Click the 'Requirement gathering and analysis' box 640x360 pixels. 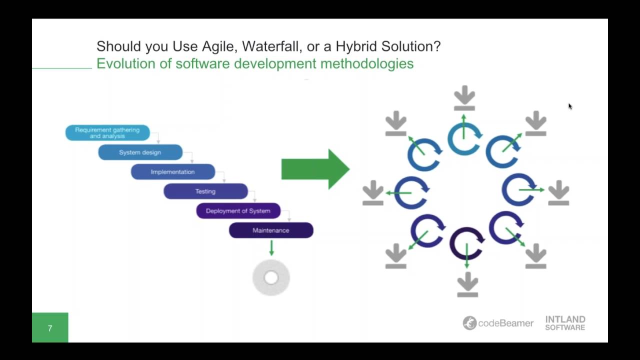coord(107,132)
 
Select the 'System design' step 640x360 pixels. coord(140,152)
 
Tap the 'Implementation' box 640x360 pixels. coord(172,172)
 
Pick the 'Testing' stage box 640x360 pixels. coord(205,191)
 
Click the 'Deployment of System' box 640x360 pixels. coord(238,211)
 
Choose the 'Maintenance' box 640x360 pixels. coord(271,230)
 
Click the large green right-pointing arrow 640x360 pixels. coord(315,169)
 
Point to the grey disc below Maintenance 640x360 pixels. coord(271,277)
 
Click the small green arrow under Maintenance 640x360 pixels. coord(271,248)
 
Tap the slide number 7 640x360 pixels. coord(50,328)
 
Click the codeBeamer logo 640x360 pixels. coord(498,323)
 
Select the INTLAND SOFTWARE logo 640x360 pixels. coord(565,323)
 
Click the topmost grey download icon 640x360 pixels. coord(464,98)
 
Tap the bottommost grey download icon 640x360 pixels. coord(467,284)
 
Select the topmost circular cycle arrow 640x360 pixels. coord(464,138)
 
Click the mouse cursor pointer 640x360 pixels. coord(570,106)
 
